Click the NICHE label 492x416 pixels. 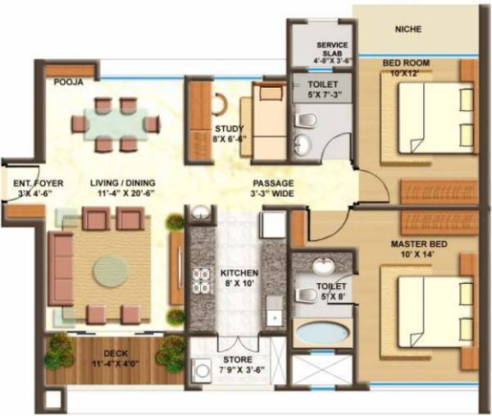point(408,30)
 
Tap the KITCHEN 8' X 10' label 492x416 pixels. point(239,278)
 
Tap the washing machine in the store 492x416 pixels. point(201,371)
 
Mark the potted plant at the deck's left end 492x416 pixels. point(59,350)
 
